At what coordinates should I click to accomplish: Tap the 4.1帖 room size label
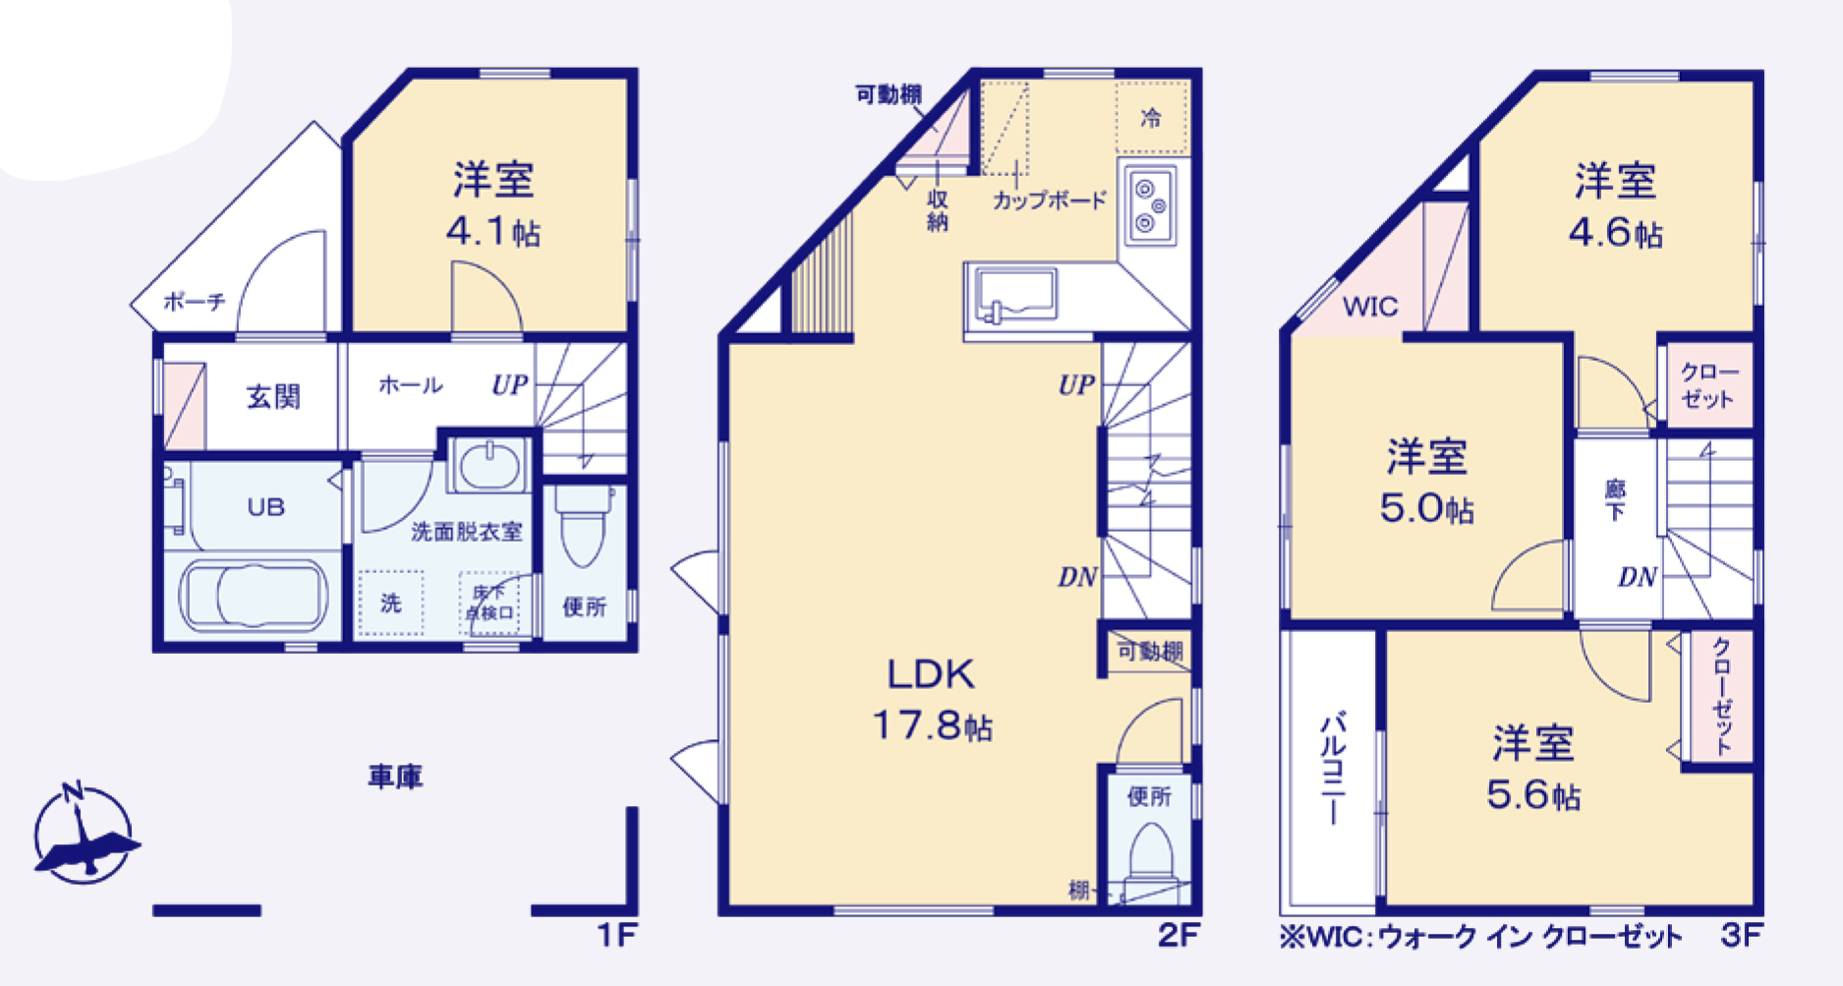[x=493, y=232]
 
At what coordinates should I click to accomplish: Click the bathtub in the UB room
[x=254, y=596]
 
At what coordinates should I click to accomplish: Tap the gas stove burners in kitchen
[x=1148, y=205]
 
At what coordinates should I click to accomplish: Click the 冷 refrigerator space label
[x=1151, y=119]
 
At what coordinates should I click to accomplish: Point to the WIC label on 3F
[x=1370, y=307]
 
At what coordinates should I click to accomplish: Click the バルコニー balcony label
[x=1332, y=768]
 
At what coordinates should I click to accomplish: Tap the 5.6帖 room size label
[x=1533, y=794]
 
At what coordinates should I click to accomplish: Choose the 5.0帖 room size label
[x=1426, y=508]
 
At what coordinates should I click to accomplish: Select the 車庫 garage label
[x=395, y=778]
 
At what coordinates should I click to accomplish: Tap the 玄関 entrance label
[x=273, y=397]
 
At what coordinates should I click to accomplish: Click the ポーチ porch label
[x=194, y=301]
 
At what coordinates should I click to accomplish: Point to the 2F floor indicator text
[x=1178, y=935]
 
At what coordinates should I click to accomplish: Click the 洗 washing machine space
[x=391, y=603]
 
